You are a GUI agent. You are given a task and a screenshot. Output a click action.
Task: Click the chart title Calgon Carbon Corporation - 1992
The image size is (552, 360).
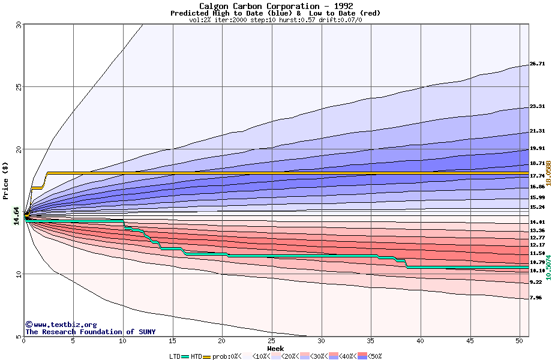click(x=275, y=6)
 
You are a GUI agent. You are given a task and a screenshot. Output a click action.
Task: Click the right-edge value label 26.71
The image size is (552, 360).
click(x=537, y=64)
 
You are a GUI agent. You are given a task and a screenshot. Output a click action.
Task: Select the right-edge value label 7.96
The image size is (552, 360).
click(x=535, y=298)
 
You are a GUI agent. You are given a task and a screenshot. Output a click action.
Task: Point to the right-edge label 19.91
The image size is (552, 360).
click(x=537, y=148)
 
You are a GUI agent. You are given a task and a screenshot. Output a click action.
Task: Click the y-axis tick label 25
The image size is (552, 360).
click(x=18, y=86)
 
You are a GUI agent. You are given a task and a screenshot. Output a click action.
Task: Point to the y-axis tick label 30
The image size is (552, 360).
click(x=18, y=25)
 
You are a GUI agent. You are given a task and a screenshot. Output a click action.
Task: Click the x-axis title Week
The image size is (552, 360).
click(x=275, y=348)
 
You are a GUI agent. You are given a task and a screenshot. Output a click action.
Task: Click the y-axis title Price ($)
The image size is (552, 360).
click(x=6, y=180)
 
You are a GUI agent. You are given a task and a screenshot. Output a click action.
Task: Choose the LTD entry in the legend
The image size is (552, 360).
click(x=175, y=356)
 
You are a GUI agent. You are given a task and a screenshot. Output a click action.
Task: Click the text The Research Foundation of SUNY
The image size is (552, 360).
click(x=90, y=332)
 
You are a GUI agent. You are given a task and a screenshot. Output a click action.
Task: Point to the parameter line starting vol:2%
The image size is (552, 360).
click(x=275, y=20)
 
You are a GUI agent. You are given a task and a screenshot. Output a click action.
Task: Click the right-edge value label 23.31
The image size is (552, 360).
click(x=537, y=107)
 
